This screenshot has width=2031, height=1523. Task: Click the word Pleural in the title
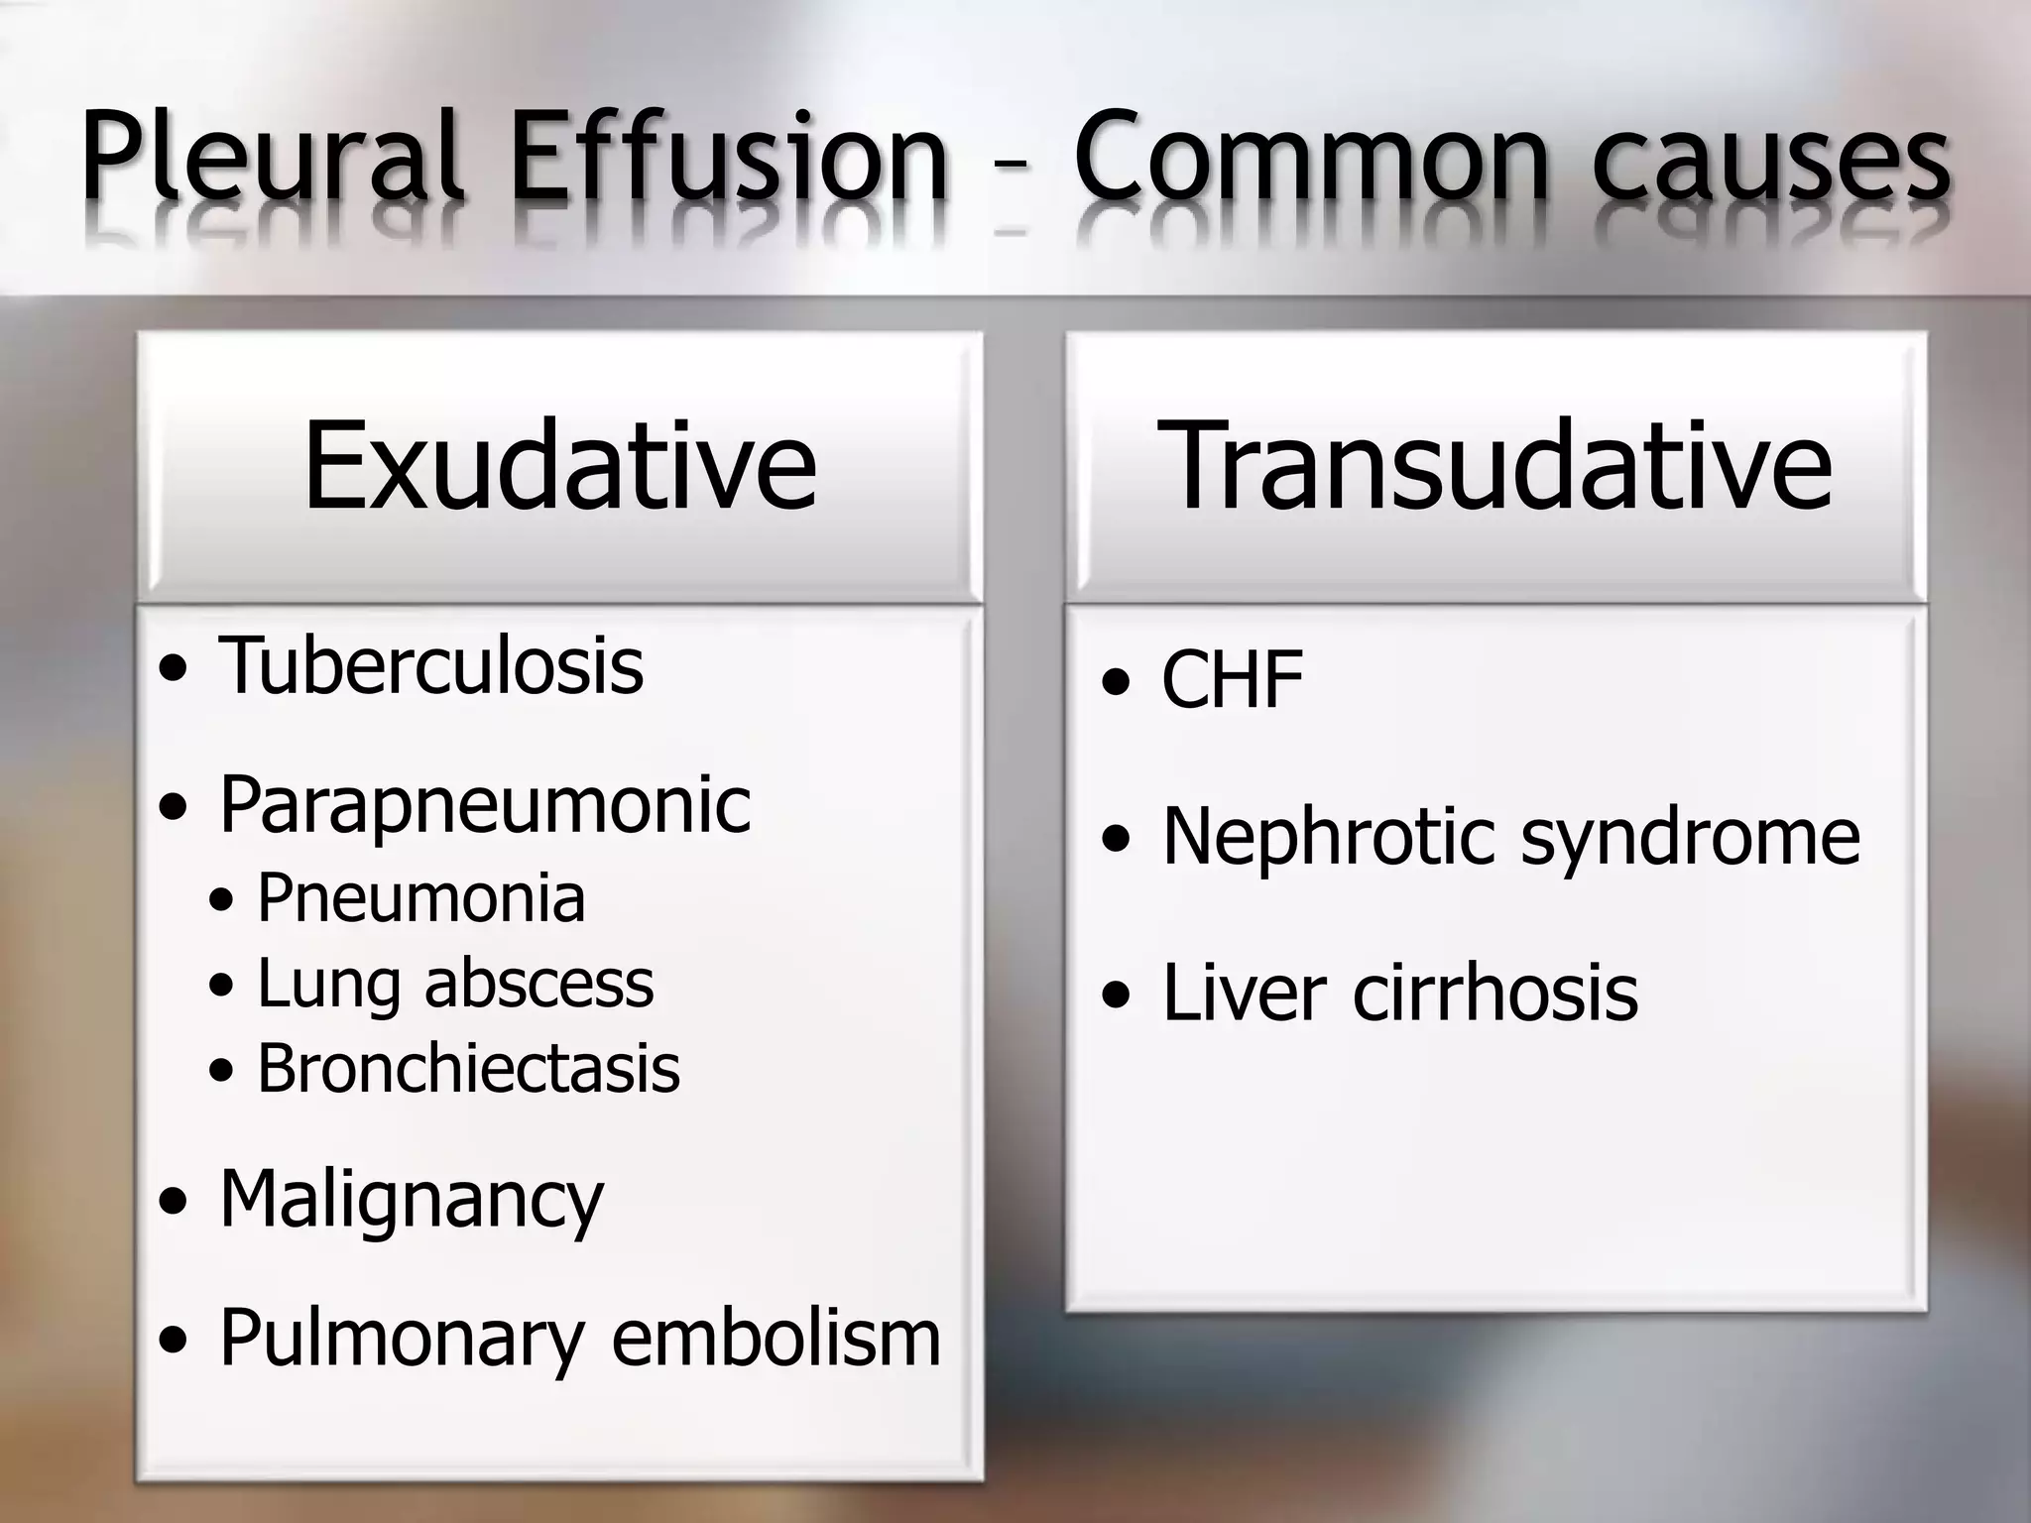tap(272, 157)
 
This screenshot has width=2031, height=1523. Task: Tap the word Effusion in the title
tap(730, 157)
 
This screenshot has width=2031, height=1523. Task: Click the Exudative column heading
tap(560, 466)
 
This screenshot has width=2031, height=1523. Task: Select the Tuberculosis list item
tap(431, 665)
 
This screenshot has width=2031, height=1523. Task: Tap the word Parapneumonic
tap(485, 805)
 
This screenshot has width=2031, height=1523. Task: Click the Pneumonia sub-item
tap(421, 898)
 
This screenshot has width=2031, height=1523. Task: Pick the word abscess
tap(539, 984)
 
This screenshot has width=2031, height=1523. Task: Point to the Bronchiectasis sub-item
tap(468, 1069)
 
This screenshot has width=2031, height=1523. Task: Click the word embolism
tap(777, 1339)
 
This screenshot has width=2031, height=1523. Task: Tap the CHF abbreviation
tap(1233, 680)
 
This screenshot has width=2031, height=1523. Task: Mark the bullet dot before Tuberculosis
tap(174, 670)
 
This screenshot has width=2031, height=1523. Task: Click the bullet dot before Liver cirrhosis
tap(1117, 996)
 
